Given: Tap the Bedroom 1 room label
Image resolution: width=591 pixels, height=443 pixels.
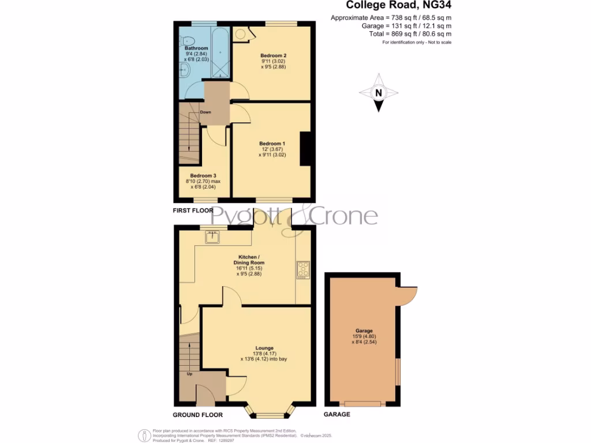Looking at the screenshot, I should pyautogui.click(x=272, y=144).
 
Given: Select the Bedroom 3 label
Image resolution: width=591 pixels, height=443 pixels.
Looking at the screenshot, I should pyautogui.click(x=203, y=175).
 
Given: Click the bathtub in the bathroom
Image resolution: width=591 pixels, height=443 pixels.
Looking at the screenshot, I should pyautogui.click(x=220, y=52).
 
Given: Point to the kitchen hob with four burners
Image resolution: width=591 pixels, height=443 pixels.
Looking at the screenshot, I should pyautogui.click(x=303, y=269).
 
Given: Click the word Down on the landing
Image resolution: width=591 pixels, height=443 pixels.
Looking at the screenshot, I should pyautogui.click(x=205, y=112).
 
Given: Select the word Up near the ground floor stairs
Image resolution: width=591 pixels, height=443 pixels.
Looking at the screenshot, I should pyautogui.click(x=189, y=374).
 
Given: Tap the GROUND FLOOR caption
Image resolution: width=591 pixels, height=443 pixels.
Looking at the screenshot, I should pyautogui.click(x=197, y=415).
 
